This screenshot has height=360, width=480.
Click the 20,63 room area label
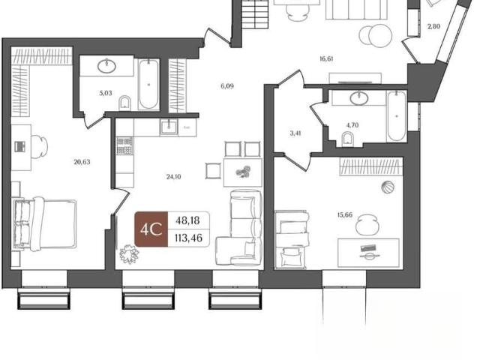coord(82,162)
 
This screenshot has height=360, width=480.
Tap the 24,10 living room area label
coord(173,177)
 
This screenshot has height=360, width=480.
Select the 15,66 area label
coord(345,215)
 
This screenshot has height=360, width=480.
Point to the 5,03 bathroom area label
coord(106,93)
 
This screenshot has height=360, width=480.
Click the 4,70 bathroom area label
coord(352,125)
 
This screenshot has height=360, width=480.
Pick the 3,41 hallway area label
coord(295,133)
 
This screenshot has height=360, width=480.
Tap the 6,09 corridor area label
coord(227,86)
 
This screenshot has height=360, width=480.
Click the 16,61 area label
coord(326,59)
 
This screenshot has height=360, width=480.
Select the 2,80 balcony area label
coord(433,27)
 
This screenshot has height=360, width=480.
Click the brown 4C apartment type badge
coord(151,229)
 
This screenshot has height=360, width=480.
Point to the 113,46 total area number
coord(188,238)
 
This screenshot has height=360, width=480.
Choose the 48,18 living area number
coord(187,220)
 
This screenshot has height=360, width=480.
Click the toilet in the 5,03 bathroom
coord(124,103)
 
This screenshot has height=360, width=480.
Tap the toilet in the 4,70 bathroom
coord(347,139)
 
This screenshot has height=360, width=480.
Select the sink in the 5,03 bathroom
coord(106,66)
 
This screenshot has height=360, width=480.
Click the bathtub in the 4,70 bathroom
coord(397,116)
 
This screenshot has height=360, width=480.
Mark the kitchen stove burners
coord(124,145)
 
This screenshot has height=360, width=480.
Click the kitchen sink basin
coord(168,127)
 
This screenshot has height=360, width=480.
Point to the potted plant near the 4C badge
coord(129,254)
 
